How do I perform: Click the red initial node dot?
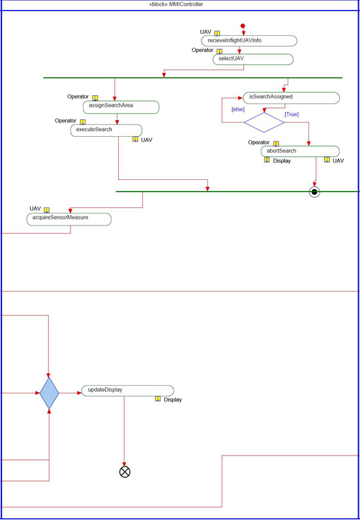coord(243,26)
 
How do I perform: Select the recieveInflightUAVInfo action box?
coord(249,41)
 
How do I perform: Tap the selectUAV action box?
coord(253,59)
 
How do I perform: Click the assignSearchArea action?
coord(121,107)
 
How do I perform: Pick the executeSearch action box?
coord(106,130)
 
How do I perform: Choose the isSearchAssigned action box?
coord(292,98)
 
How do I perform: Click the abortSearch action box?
coord(300,151)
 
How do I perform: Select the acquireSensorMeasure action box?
coord(69,219)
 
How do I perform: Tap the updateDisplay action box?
coord(127,391)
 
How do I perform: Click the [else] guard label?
coord(238,109)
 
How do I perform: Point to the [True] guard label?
coord(292,115)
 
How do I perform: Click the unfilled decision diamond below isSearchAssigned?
coord(264,123)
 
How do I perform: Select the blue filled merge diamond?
coord(49,393)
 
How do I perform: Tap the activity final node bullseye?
coord(314,192)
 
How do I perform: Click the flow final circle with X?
coord(125,472)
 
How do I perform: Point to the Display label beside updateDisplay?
coord(173,400)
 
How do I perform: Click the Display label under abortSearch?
coord(282,161)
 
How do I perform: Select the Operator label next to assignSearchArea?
coord(78,96)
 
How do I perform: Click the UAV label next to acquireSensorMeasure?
coord(35,209)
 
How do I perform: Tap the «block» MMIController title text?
coord(176,5)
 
